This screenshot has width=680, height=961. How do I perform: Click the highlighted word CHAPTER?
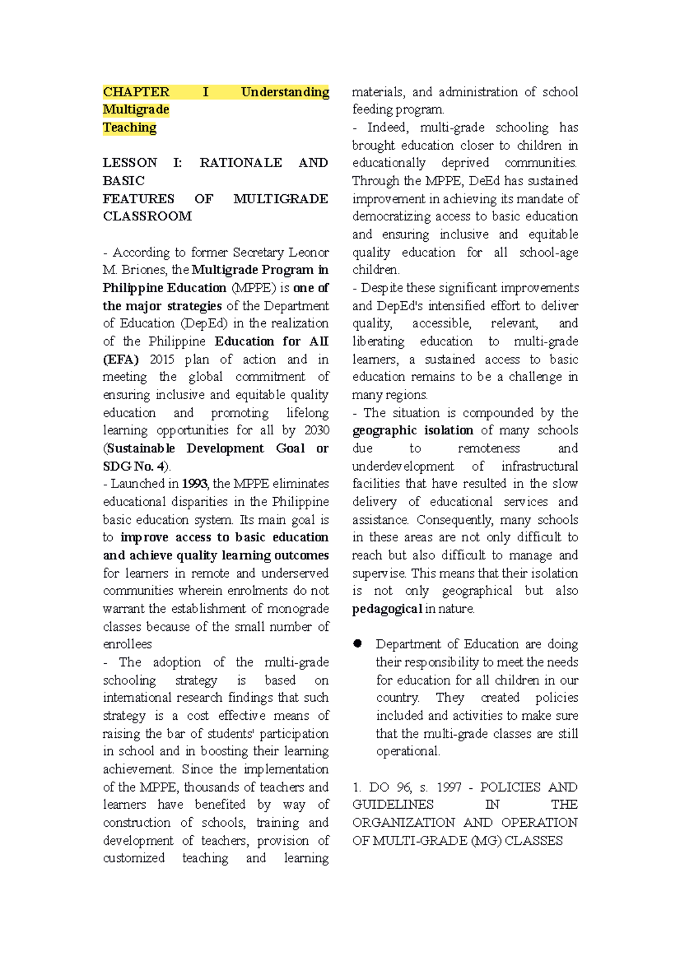[136, 92]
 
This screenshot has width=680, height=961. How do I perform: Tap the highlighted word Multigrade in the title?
[136, 109]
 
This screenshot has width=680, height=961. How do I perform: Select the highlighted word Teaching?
[129, 127]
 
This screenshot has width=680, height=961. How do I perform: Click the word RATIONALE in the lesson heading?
[241, 163]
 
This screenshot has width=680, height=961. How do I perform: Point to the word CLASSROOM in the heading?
[147, 216]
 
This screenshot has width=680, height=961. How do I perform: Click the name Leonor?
[308, 252]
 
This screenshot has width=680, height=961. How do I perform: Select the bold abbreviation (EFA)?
[121, 360]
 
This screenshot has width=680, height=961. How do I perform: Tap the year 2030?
[317, 430]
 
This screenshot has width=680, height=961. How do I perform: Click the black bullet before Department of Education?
[358, 644]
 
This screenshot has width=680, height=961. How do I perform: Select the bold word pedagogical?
[387, 609]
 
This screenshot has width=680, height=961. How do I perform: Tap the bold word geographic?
[384, 431]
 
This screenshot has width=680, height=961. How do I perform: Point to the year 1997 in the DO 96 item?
[449, 787]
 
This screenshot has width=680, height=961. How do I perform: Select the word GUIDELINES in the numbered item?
[393, 805]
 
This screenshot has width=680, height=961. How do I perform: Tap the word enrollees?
[127, 644]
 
